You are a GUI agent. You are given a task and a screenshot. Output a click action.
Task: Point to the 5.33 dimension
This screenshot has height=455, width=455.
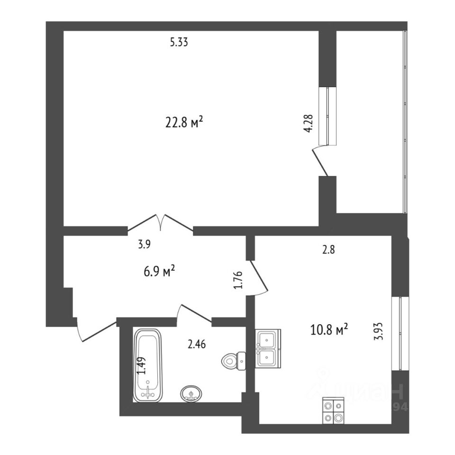(180, 43)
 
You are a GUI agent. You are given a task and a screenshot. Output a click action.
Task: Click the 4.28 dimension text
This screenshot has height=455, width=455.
(309, 123)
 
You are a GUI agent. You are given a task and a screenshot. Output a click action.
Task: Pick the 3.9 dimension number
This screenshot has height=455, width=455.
(145, 245)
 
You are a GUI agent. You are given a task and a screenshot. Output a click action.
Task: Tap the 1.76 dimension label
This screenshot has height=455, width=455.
(238, 281)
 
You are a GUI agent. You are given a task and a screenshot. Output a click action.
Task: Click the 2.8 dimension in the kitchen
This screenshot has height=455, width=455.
(328, 251)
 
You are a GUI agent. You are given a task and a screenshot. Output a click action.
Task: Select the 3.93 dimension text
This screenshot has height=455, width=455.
(378, 331)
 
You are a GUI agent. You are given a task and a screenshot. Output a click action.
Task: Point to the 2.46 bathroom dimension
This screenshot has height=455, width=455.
(197, 345)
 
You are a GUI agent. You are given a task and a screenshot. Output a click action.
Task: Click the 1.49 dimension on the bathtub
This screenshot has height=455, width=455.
(141, 366)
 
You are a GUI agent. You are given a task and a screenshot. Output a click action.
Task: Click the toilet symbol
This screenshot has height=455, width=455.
(233, 361)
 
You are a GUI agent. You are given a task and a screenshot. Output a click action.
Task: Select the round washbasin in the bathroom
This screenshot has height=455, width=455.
(191, 393)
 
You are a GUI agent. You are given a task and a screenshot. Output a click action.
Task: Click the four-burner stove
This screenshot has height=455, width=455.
(334, 410)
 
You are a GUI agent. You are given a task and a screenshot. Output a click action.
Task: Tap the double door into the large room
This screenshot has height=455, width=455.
(161, 223)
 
